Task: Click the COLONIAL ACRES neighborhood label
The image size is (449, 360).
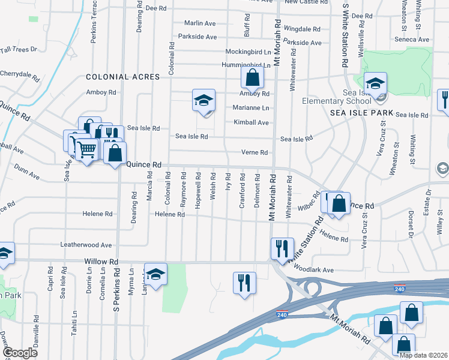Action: [x=122, y=77]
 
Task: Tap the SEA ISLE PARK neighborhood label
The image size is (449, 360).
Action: [x=361, y=113]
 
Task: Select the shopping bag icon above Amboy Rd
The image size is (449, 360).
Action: [x=253, y=77]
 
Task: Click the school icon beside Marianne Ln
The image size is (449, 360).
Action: [x=203, y=100]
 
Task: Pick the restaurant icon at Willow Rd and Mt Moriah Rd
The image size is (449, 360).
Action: [x=281, y=247]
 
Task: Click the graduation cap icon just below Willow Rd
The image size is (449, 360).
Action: [x=155, y=274]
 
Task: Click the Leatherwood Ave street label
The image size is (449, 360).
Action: [x=86, y=245]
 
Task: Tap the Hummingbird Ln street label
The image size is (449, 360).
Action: [x=247, y=65]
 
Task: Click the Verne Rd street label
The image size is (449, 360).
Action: [x=254, y=152]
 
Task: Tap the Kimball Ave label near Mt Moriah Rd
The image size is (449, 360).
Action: [x=251, y=122]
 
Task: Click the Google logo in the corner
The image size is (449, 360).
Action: [x=19, y=353]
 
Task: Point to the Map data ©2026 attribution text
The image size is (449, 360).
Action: [x=423, y=355]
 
